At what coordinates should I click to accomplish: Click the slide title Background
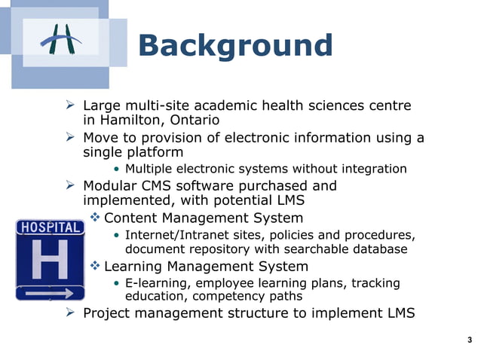coord(235,45)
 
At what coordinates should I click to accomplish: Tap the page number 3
coord(470,340)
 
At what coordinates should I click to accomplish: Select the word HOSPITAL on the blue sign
coord(50,227)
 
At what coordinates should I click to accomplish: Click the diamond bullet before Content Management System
coord(95,218)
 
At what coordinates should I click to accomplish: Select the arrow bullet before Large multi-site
coord(72,105)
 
